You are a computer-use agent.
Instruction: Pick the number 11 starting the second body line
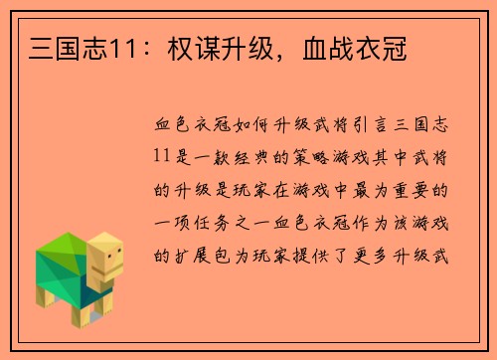point(166,158)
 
